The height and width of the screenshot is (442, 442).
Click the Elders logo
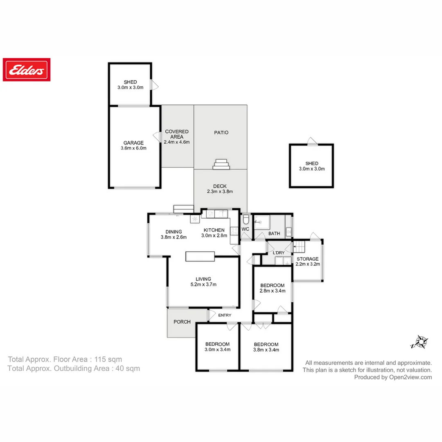click(27, 70)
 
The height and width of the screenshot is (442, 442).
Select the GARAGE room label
click(133, 143)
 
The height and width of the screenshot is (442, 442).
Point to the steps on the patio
click(221, 164)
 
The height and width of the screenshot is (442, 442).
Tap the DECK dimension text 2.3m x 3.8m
click(220, 192)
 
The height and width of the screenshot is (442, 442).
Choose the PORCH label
click(182, 322)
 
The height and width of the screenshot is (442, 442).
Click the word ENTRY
click(225, 315)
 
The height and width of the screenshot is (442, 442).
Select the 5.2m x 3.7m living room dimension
click(203, 284)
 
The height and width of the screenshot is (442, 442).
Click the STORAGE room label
click(307, 259)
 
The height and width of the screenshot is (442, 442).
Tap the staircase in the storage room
click(300, 247)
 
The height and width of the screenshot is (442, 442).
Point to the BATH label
click(274, 234)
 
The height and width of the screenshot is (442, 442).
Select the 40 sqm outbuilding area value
click(126, 368)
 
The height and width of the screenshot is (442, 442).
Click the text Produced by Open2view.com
click(393, 377)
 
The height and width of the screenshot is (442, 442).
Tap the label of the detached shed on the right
click(311, 163)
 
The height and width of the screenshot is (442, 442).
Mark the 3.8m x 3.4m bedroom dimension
click(266, 350)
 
